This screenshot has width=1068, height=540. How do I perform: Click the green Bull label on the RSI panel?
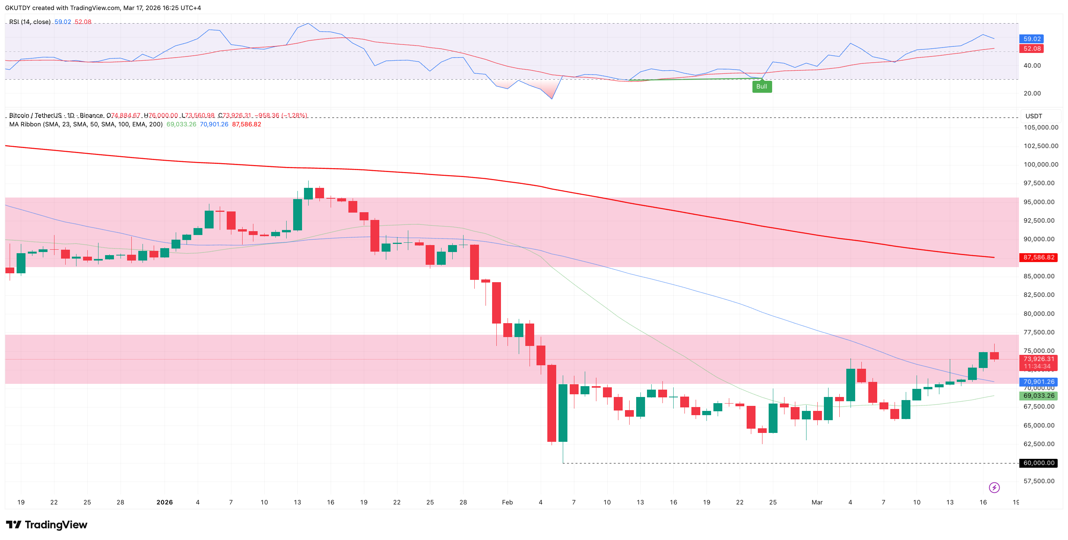click(762, 86)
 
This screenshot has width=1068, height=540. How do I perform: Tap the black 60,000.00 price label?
click(1039, 463)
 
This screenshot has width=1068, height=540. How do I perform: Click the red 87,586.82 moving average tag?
click(1039, 257)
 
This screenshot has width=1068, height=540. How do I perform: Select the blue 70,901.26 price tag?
click(1039, 382)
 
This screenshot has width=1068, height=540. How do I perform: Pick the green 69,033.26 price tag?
click(1039, 396)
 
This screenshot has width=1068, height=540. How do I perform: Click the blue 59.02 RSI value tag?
click(1032, 39)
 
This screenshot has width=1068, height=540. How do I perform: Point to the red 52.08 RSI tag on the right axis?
click(1032, 49)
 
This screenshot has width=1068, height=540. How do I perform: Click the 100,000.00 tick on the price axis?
click(1041, 165)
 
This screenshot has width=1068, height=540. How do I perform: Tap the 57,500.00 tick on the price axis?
click(1039, 481)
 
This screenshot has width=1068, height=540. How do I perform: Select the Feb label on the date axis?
click(507, 502)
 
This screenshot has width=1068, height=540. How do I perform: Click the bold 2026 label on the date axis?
click(165, 502)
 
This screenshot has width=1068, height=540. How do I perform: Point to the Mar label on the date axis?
click(817, 502)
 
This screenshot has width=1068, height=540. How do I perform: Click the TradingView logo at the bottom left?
click(46, 525)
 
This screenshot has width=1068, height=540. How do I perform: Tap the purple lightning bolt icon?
click(994, 487)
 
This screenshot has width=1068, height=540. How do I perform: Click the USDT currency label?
click(1033, 116)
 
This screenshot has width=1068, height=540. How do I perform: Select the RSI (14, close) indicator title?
click(30, 22)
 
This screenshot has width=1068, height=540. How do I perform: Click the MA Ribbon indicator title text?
click(86, 124)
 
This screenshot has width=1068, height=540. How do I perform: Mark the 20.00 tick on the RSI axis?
click(1032, 93)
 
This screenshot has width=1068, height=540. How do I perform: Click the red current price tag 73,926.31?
click(1039, 359)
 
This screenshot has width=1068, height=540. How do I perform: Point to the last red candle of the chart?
click(994, 356)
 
